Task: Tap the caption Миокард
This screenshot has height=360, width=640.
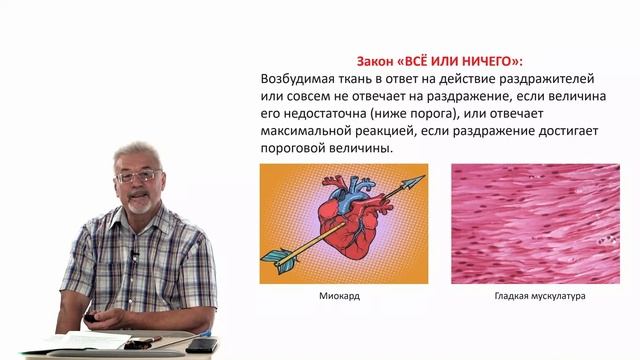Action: [x=338, y=297]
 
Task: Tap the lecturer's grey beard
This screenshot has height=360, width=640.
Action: [x=140, y=204]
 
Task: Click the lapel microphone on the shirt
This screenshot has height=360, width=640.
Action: [x=133, y=255]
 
